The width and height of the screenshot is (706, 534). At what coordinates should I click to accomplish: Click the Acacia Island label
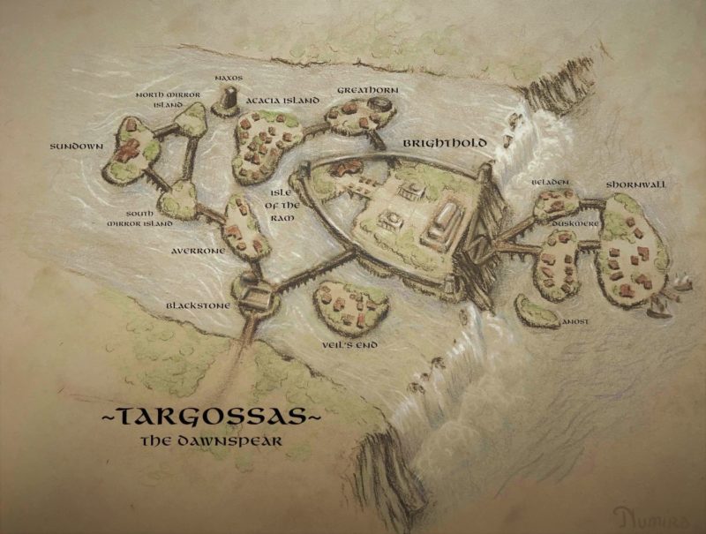pos(283,101)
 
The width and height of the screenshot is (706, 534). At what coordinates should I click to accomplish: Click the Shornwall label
pos(635,184)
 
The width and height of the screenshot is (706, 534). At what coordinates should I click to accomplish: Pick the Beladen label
pos(549,182)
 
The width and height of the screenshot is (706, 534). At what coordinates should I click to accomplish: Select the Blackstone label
pos(199,305)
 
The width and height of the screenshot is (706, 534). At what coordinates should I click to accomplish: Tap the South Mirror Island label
pos(131,219)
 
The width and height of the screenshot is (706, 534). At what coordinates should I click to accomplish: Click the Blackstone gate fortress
pos(254,297)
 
